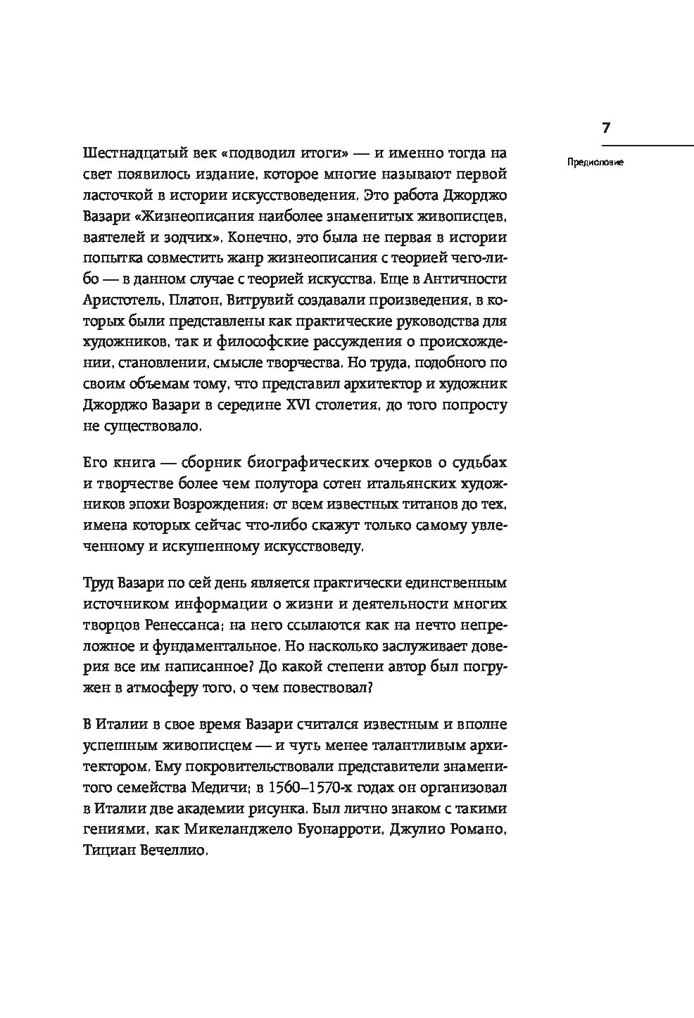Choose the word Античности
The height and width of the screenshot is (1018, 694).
coord(465,279)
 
